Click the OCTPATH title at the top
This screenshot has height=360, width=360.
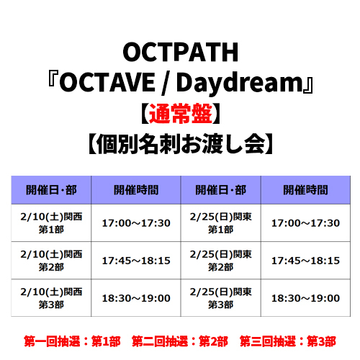point(181,52)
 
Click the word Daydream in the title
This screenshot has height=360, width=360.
point(240,83)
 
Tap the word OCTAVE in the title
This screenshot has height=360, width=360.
point(107,82)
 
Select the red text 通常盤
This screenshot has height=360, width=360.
point(181,114)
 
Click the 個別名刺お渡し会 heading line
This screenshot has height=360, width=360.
point(181,144)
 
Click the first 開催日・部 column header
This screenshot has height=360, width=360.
point(51,190)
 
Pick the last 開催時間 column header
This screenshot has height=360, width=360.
point(305,190)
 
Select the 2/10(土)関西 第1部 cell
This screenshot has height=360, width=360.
point(51,223)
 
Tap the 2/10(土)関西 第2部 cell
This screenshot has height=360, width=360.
point(51,261)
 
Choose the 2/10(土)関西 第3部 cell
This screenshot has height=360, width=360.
point(51,298)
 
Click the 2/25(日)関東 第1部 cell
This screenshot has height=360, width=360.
point(221,223)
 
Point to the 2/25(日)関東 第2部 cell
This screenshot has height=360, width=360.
point(221,261)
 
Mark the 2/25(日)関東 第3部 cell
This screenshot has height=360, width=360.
point(221,298)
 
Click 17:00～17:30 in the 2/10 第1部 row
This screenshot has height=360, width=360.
point(136,223)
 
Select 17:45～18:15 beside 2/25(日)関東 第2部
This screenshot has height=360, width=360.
point(305,261)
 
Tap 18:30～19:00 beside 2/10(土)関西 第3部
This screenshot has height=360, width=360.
point(136,298)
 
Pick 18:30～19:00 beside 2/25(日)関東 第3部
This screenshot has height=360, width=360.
point(305,298)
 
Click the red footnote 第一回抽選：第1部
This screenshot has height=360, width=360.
point(72,341)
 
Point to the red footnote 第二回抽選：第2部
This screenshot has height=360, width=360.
point(180,341)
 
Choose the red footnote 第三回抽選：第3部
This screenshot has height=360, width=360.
point(288,341)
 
